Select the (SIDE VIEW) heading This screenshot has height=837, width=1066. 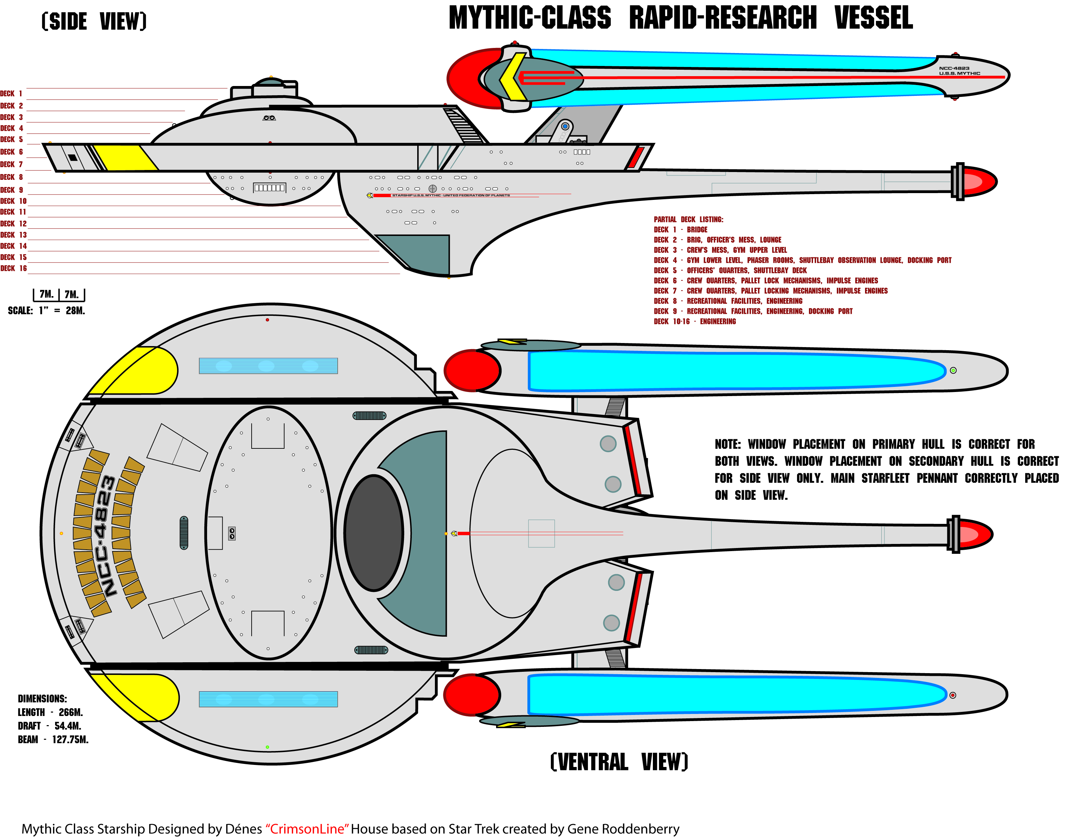[x=94, y=21]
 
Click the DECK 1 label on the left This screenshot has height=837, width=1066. [x=11, y=93]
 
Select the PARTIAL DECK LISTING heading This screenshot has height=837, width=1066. [x=688, y=220]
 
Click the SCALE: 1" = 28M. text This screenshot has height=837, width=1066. [x=47, y=311]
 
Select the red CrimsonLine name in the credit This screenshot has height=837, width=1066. [x=307, y=829]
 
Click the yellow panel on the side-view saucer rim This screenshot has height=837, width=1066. [x=125, y=157]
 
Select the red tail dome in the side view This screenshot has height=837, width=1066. [x=980, y=182]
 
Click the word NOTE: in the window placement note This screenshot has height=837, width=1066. [x=727, y=444]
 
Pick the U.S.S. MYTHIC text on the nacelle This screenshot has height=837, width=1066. [x=960, y=73]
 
